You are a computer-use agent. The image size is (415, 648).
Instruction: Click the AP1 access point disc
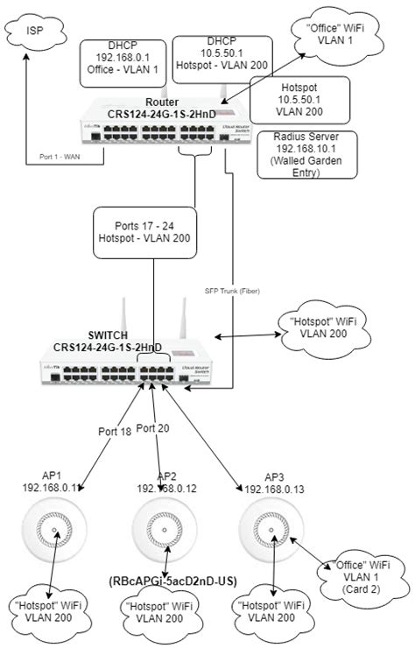(x=57, y=531)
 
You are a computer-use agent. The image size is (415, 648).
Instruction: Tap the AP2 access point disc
(x=162, y=531)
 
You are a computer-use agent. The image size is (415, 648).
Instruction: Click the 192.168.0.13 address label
(x=275, y=489)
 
